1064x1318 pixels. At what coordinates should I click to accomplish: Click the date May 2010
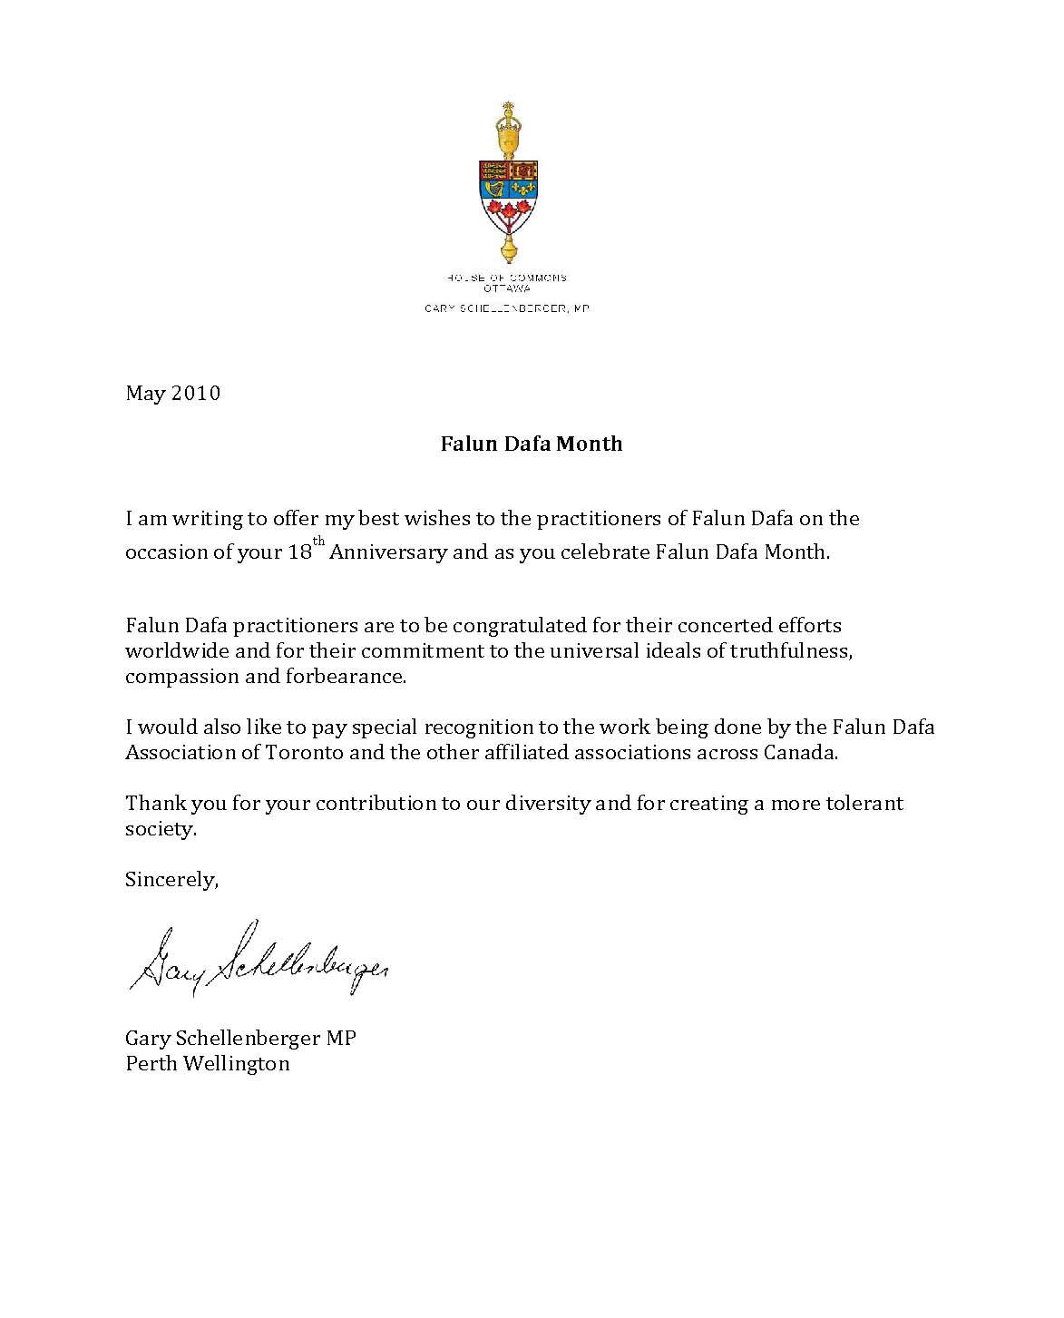click(x=172, y=394)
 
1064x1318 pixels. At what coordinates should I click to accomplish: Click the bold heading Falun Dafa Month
click(x=532, y=444)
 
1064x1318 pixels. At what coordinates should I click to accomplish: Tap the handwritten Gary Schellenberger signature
click(x=259, y=960)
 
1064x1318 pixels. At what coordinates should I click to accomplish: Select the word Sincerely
click(x=171, y=880)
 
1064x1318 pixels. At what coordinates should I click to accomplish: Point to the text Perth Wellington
click(x=208, y=1063)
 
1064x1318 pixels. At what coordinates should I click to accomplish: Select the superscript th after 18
click(x=318, y=542)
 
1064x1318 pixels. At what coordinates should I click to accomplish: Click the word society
click(x=161, y=829)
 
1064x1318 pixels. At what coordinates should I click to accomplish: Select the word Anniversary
click(x=388, y=552)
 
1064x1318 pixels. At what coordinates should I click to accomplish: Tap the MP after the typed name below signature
click(x=342, y=1038)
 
